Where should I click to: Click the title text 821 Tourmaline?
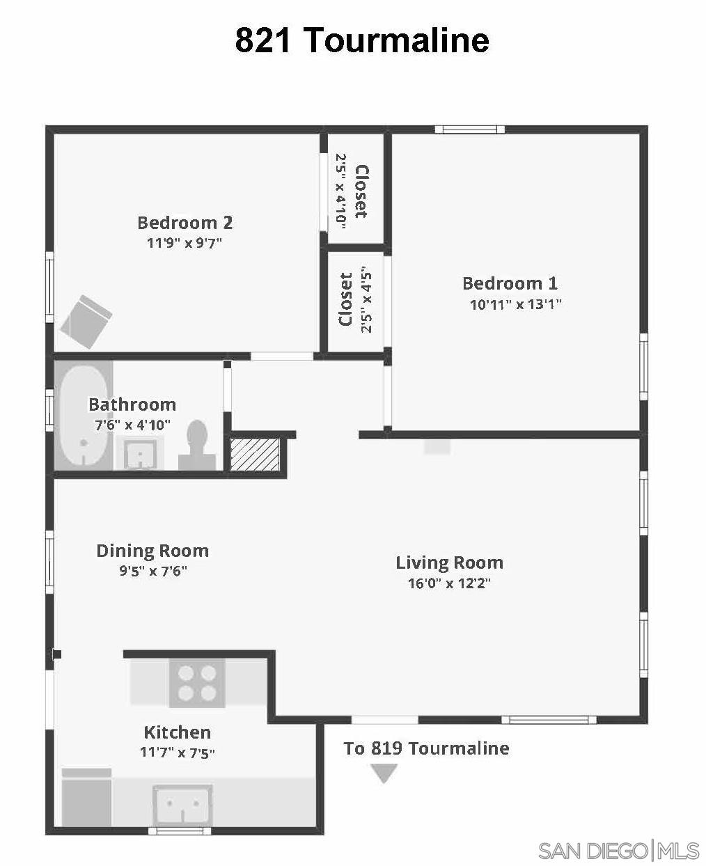361,40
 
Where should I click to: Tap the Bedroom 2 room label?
185,223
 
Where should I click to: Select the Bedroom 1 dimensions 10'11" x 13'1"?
515,304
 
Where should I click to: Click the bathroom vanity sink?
141,455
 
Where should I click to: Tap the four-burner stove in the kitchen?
197,683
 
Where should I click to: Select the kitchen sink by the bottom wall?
182,805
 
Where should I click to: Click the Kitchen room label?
177,732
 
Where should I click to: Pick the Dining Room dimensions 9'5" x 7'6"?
152,572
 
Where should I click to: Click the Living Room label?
449,562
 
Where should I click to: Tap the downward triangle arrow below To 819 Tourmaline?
384,773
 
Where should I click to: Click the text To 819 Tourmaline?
426,748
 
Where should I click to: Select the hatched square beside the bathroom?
255,454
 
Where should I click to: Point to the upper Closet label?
361,191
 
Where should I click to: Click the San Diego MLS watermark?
618,850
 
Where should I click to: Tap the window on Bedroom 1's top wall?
469,129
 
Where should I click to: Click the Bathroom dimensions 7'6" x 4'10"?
132,425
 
